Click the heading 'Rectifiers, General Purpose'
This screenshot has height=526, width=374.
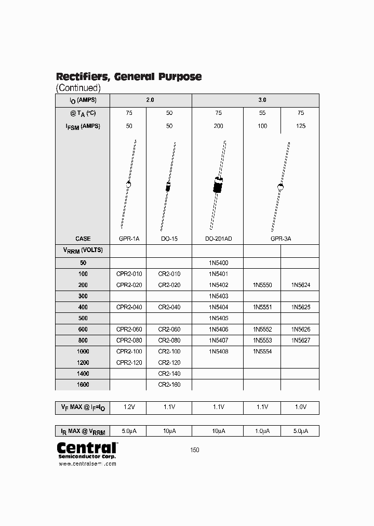tap(128, 76)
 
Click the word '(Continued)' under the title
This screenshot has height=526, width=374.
tap(78, 88)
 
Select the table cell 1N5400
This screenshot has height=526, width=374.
tap(218, 263)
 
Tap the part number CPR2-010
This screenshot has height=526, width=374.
tap(129, 274)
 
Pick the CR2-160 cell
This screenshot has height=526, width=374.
tap(169, 385)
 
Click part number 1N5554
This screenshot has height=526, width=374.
tap(262, 351)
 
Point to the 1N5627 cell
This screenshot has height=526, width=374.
tap(300, 340)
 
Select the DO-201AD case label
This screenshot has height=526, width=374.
tap(218, 239)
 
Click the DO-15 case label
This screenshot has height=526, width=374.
tap(169, 239)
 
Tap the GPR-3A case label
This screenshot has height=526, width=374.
tap(280, 239)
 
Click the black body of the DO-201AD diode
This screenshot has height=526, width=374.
tap(218, 185)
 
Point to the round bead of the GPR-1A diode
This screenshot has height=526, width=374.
tap(128, 184)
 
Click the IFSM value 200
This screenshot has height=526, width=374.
tap(218, 126)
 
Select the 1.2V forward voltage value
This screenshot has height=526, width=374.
tap(128, 407)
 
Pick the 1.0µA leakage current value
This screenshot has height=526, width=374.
tap(262, 431)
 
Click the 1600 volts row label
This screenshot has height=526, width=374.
tap(83, 385)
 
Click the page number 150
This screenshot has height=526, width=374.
tap(194, 450)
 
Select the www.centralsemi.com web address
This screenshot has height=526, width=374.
tap(87, 464)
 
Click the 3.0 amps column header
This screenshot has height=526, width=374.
tap(262, 100)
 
